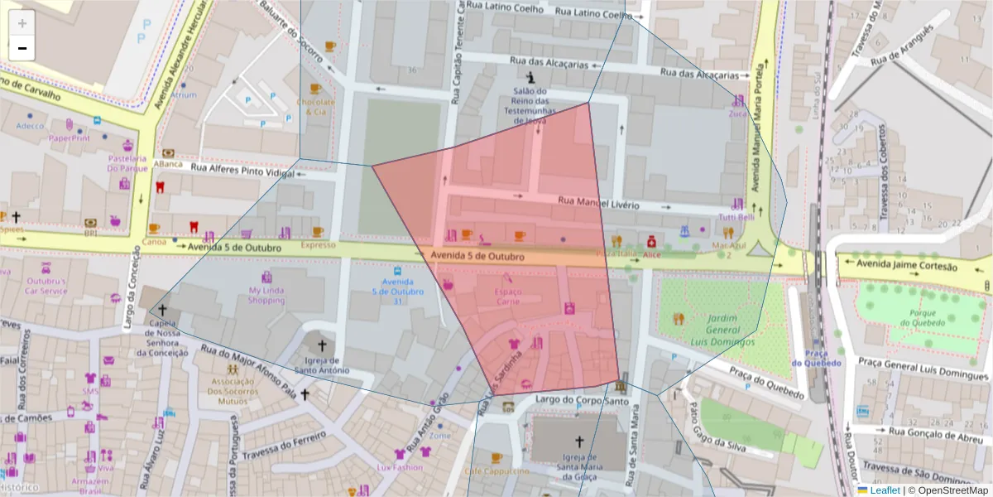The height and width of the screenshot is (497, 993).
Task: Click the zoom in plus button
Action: click(22, 23)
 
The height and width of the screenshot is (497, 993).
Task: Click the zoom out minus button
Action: click(22, 48)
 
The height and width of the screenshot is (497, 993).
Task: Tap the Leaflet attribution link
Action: click(885, 490)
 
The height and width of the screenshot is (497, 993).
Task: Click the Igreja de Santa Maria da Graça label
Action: click(579, 465)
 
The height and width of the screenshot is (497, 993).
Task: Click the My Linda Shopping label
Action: click(266, 295)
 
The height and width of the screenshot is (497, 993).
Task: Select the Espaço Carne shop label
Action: click(508, 297)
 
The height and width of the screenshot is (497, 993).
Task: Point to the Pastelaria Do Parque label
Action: click(127, 163)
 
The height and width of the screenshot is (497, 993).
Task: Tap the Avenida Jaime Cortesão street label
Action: click(906, 267)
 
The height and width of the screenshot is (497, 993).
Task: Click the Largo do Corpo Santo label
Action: click(576, 401)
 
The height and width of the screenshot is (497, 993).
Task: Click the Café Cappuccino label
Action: click(496, 470)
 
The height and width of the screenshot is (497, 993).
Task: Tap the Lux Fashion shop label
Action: click(400, 467)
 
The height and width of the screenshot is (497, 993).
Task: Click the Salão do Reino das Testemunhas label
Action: click(530, 106)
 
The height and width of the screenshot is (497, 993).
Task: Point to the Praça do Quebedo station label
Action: click(815, 358)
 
